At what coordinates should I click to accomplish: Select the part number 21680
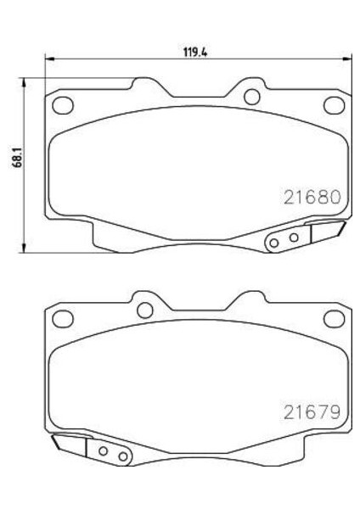[x=311, y=197]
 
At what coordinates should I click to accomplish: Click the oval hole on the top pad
[x=64, y=106]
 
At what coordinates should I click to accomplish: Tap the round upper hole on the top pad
[x=251, y=96]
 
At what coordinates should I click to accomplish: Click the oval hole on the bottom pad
[x=64, y=319]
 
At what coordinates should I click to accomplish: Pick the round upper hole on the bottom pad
[x=144, y=309]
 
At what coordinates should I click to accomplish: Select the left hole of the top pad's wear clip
[x=273, y=243]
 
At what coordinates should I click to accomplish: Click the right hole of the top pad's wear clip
[x=293, y=238]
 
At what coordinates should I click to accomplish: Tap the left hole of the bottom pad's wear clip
[x=104, y=453]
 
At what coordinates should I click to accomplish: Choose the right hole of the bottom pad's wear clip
[x=124, y=458]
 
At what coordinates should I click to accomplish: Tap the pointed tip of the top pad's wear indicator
[x=345, y=225]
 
